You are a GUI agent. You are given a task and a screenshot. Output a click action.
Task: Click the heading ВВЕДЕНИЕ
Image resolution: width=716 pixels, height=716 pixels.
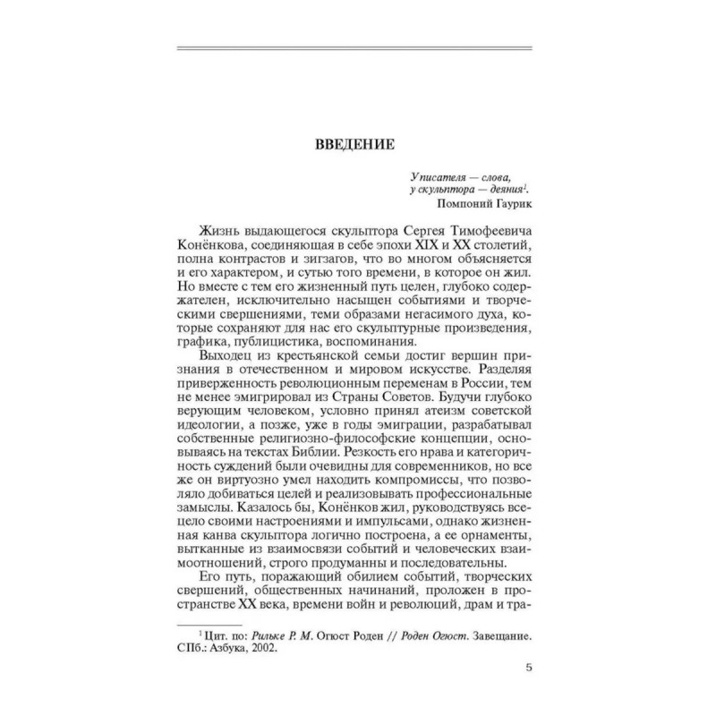[357, 143]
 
